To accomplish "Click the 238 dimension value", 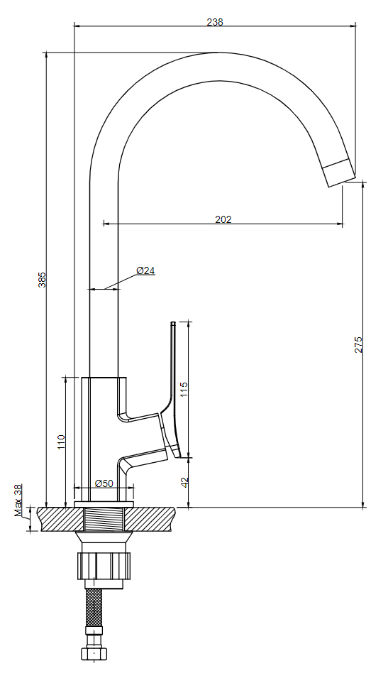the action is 215,22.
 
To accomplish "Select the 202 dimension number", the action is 223,219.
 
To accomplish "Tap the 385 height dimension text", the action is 42,280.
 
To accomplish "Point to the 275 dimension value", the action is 358,344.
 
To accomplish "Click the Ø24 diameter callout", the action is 146,270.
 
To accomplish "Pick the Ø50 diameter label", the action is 104,483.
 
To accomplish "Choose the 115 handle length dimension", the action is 184,390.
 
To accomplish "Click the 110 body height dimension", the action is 61,442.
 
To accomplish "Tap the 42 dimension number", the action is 184,482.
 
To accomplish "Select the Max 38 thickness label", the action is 18,500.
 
